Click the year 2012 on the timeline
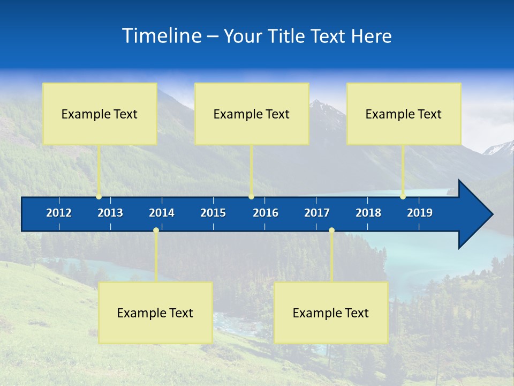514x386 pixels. coord(59,213)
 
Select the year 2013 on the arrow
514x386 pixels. coord(110,213)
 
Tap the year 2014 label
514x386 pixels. coord(162,213)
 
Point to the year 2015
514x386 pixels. coord(213,213)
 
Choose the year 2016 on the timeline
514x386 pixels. coord(266,213)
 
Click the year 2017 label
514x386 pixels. coord(317,213)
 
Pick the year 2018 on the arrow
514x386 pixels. coord(368,213)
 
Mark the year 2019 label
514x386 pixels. coord(420,213)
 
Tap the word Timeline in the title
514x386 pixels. coord(161,36)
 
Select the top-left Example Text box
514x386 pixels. coord(100,114)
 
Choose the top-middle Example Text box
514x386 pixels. coord(252,114)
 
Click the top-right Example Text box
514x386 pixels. coord(404,114)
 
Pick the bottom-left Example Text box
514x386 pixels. coord(155,313)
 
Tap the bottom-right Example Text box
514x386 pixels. coord(331,313)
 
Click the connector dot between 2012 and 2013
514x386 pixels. coord(99,197)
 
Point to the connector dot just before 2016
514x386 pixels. coord(252,197)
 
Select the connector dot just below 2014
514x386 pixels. coord(156,231)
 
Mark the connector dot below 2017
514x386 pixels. coord(331,231)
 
